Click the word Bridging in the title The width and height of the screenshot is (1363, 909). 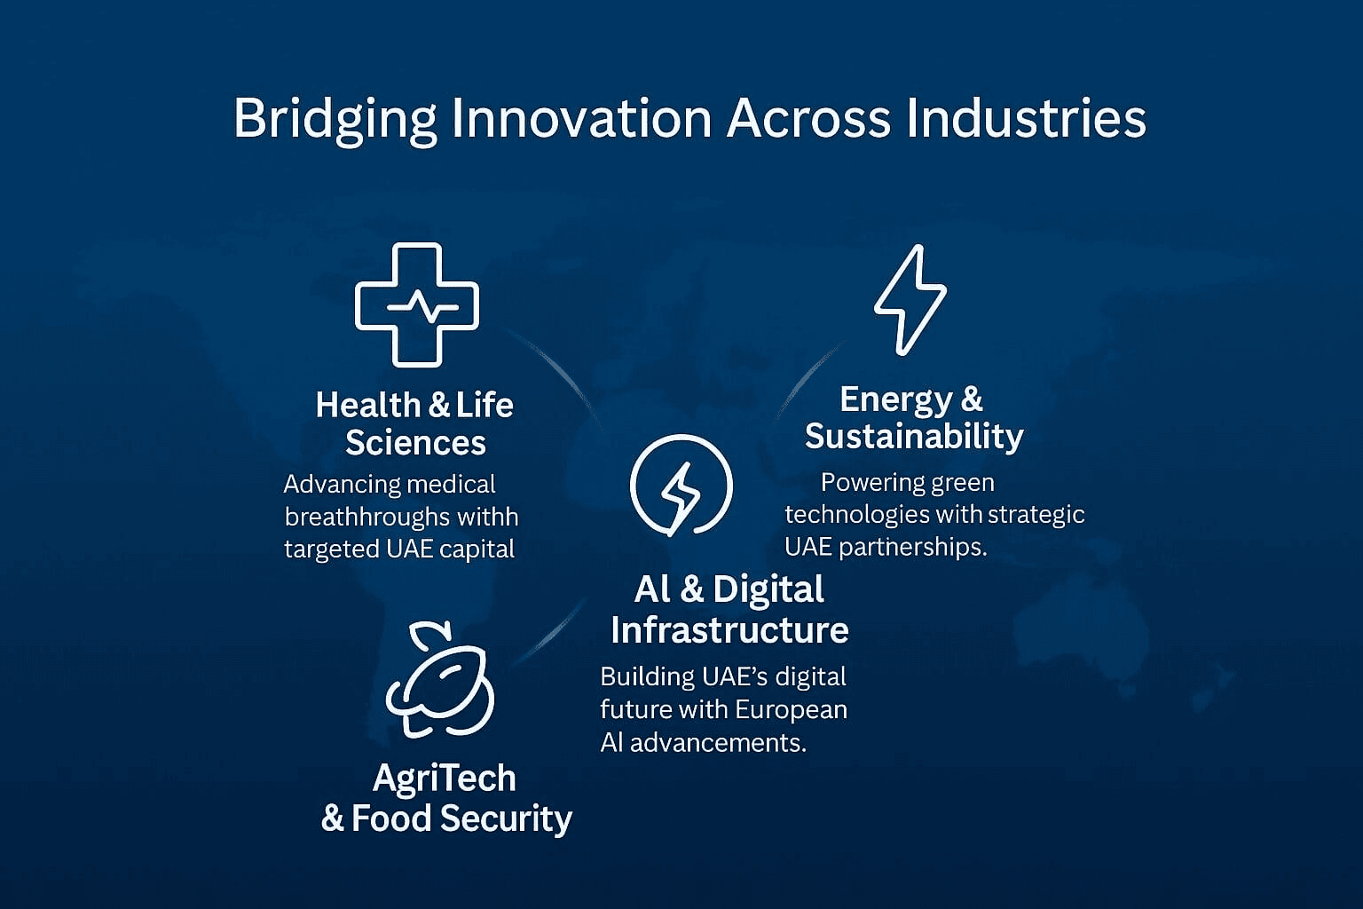point(335,120)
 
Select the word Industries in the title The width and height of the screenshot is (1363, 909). point(1027,117)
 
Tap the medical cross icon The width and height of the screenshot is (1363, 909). point(417,305)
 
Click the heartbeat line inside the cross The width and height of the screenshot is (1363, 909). point(423,306)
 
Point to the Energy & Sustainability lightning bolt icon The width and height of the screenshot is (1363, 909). point(911,299)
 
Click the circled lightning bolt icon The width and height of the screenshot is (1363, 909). point(681,486)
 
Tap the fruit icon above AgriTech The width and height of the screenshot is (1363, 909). point(440,679)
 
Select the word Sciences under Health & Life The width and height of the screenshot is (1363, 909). point(415,442)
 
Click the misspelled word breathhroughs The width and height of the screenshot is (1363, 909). point(366,517)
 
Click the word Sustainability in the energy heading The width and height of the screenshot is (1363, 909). point(914,437)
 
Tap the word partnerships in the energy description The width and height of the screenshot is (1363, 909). point(913,548)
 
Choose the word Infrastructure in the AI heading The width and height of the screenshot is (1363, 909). point(729,629)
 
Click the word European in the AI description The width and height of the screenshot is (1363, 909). point(791,710)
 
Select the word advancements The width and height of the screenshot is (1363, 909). point(718,743)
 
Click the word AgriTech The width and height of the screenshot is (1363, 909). point(445,779)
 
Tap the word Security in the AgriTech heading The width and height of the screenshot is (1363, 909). point(507,818)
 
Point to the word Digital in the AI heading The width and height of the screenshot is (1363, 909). point(768,590)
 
